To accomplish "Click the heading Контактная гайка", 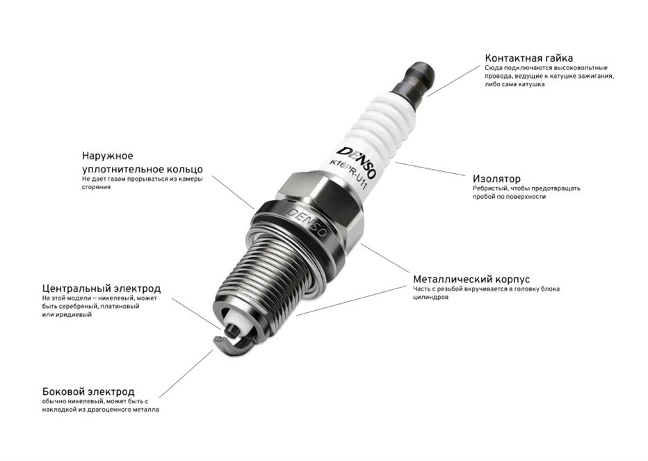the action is (x=529, y=58).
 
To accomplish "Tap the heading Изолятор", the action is (x=496, y=179).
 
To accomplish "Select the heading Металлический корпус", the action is (x=471, y=279).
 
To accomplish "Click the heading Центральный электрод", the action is (x=102, y=288).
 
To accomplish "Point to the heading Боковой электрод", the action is (x=88, y=391).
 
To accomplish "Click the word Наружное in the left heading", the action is (x=108, y=156).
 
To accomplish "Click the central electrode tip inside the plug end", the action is (x=232, y=331).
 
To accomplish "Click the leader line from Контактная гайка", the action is (x=453, y=81).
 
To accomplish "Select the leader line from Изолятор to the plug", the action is (x=430, y=169).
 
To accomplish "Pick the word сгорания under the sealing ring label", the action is (x=96, y=187).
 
